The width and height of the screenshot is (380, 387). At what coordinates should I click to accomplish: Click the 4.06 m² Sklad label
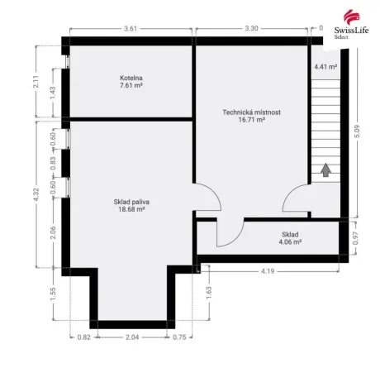(289, 238)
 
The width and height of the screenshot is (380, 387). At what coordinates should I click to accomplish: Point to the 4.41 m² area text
(325, 66)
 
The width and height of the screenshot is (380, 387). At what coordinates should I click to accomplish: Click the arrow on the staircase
(326, 170)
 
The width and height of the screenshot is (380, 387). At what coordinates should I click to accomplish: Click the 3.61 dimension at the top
(131, 29)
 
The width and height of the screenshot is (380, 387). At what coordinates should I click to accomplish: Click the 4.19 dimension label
(268, 271)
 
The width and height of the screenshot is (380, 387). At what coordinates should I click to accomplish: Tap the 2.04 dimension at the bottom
(132, 337)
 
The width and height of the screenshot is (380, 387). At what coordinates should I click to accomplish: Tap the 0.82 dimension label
(83, 337)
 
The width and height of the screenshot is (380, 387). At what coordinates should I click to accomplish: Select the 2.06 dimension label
(52, 232)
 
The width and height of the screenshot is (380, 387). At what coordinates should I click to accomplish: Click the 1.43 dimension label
(52, 93)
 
